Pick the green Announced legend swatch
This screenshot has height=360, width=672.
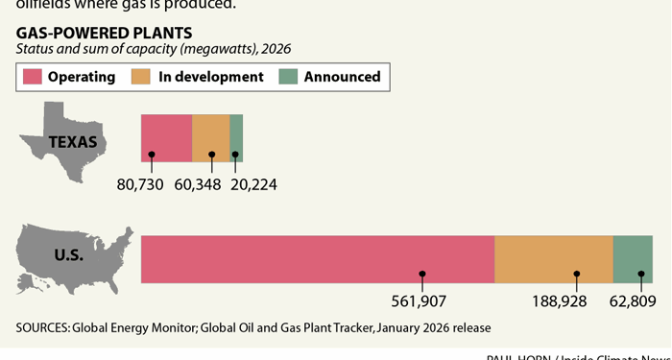(287, 77)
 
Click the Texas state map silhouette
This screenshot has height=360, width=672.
(63, 144)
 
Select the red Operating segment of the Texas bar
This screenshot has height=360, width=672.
(166, 137)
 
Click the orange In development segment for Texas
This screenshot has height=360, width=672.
(211, 137)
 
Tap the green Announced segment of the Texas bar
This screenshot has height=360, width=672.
(236, 137)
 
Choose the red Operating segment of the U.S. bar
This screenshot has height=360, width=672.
(317, 258)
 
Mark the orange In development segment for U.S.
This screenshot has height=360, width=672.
(553, 258)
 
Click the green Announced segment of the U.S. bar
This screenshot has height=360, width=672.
(633, 258)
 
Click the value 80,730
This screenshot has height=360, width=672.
(140, 183)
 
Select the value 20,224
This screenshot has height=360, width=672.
(253, 183)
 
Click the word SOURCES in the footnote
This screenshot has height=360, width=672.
(41, 327)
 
